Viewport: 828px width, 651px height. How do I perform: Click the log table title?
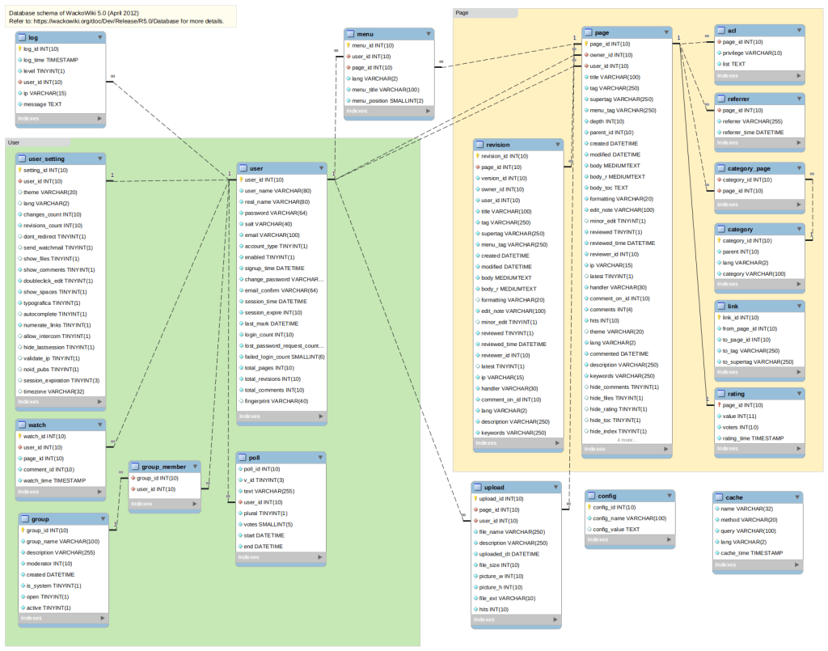click(34, 37)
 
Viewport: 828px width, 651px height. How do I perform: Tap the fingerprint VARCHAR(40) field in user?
click(276, 401)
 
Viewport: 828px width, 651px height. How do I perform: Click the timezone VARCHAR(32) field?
click(54, 391)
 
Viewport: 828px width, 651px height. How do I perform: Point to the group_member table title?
click(164, 466)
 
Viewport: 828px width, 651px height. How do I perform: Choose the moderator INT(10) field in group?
click(49, 563)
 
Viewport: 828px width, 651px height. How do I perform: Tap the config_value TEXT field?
click(616, 529)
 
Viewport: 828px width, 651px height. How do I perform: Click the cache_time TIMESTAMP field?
click(751, 553)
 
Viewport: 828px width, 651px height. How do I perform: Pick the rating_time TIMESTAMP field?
click(754, 438)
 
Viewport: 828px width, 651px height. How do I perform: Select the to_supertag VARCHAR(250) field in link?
click(758, 361)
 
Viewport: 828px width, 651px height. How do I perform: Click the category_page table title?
click(743, 168)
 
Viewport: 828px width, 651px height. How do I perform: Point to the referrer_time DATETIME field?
click(753, 132)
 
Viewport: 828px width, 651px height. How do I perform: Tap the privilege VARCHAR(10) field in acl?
click(752, 53)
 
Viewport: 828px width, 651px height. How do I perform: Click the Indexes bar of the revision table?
click(517, 443)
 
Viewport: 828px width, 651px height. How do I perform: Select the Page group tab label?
click(463, 13)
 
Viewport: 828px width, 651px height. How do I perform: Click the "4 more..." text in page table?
click(627, 440)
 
